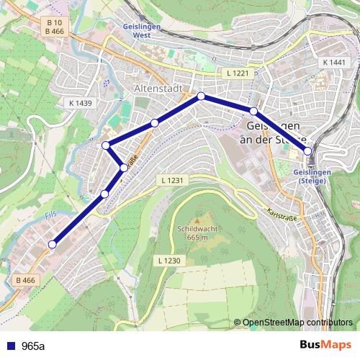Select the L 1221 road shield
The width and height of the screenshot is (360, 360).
tap(237, 73)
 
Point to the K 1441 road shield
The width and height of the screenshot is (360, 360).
tap(335, 63)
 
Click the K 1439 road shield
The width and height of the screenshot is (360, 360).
tap(81, 103)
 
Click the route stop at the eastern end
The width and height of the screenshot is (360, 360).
tap(308, 151)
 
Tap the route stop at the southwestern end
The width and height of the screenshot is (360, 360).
tap(52, 245)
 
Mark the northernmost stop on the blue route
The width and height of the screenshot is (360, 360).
tap(201, 96)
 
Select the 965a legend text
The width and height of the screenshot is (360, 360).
tap(33, 346)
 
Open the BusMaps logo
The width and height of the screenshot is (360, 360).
tap(325, 345)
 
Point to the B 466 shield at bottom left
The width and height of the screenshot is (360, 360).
tap(25, 280)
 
